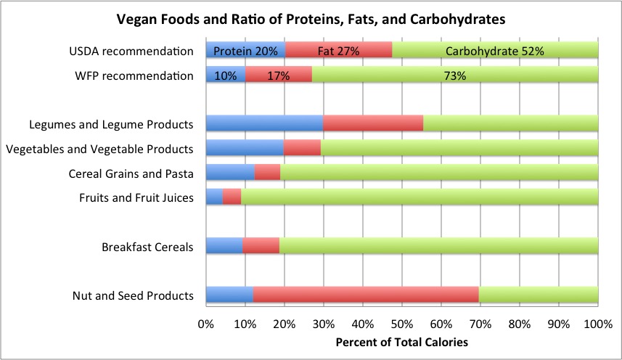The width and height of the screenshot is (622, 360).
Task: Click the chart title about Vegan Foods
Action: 311,20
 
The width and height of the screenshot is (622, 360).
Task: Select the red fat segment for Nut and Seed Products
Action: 366,295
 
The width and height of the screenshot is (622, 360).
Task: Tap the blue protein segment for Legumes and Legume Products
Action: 264,124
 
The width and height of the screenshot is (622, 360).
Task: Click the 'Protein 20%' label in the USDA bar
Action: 245,51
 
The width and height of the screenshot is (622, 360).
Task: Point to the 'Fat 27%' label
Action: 338,51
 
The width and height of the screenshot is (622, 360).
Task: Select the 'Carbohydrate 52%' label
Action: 495,51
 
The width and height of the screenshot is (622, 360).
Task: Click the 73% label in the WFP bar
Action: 454,75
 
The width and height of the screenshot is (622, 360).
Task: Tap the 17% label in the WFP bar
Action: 278,75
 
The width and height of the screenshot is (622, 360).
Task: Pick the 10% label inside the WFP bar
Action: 225,75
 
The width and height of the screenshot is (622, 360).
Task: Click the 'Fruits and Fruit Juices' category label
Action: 136,197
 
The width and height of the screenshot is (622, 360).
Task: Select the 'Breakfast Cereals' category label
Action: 147,247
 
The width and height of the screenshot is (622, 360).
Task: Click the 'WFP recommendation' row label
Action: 135,75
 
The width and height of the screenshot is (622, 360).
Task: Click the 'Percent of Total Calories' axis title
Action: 401,341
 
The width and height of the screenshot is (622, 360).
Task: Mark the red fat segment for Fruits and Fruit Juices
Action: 232,197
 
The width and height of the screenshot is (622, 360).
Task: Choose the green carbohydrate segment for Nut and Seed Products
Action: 538,295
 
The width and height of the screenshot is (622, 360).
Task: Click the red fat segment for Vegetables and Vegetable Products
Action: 302,149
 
